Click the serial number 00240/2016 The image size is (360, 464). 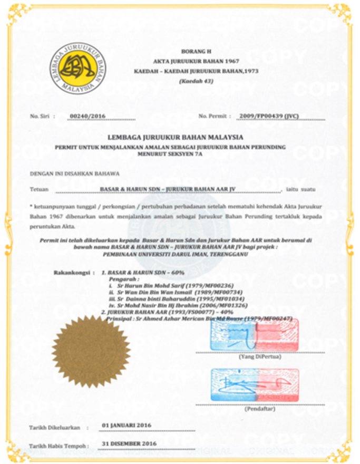(88, 115)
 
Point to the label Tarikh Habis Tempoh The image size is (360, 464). (55, 446)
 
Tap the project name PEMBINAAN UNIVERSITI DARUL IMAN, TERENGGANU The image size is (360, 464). (190, 253)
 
